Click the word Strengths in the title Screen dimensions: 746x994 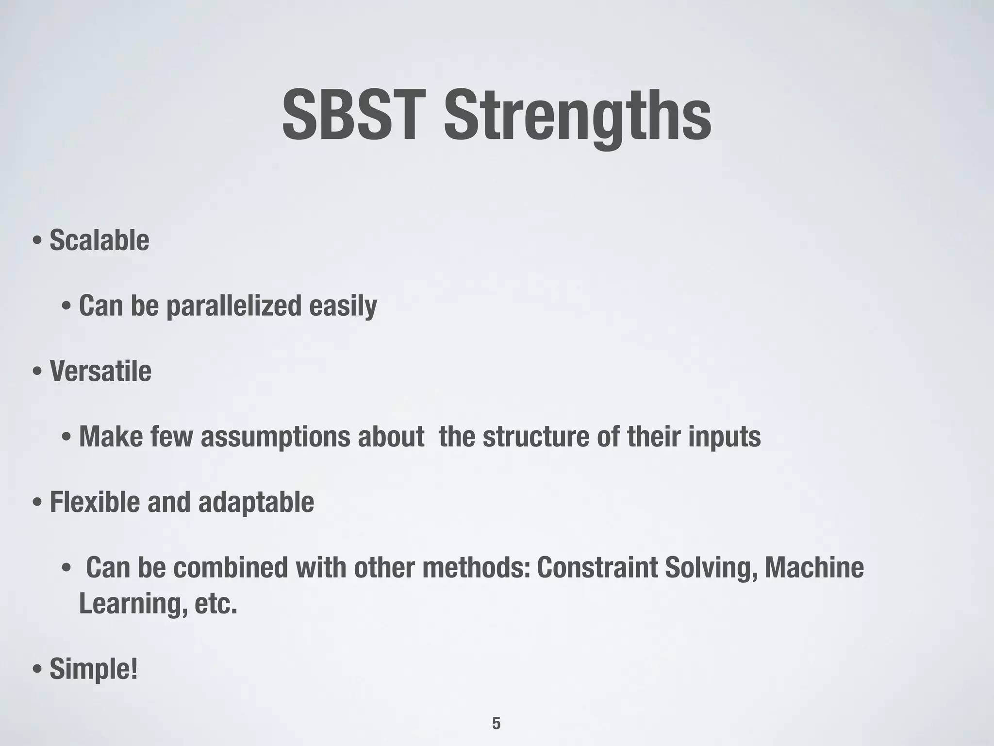pyautogui.click(x=578, y=117)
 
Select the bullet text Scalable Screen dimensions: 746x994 pyautogui.click(x=99, y=240)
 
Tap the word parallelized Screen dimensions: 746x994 pyautogui.click(x=234, y=306)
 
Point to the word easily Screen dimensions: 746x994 pyautogui.click(x=343, y=306)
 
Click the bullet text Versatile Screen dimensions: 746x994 pyautogui.click(x=100, y=371)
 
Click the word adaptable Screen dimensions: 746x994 pyautogui.click(x=256, y=502)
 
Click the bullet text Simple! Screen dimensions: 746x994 pyautogui.click(x=94, y=669)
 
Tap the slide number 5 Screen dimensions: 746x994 pyautogui.click(x=496, y=723)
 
